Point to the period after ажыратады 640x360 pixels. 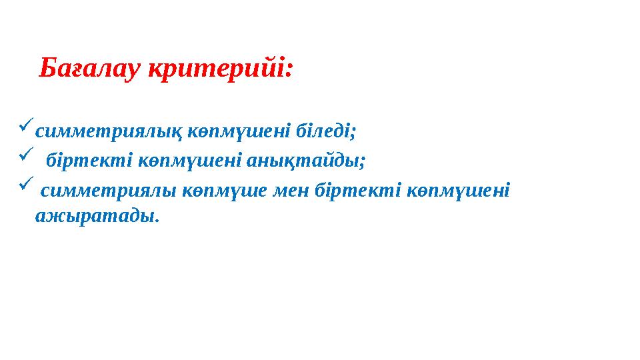(x=158, y=221)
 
